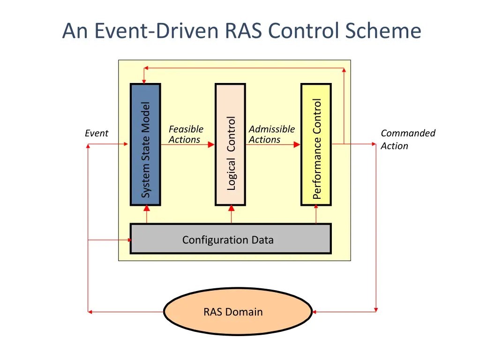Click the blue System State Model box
pyautogui.click(x=145, y=144)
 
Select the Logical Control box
pyautogui.click(x=230, y=144)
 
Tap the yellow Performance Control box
pyautogui.click(x=316, y=144)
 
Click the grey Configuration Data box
pyautogui.click(x=230, y=239)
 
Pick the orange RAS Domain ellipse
pyautogui.click(x=238, y=312)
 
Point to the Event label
pyautogui.click(x=97, y=134)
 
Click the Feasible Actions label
pyautogui.click(x=186, y=134)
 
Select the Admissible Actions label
pyautogui.click(x=271, y=134)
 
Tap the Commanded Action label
pyautogui.click(x=407, y=139)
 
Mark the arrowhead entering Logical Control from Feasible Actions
pyautogui.click(x=211, y=145)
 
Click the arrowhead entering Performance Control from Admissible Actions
pyautogui.click(x=297, y=145)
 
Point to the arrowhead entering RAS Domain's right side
pyautogui.click(x=315, y=311)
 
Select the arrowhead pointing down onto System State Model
pyautogui.click(x=144, y=81)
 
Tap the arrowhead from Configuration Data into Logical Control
pyautogui.click(x=231, y=209)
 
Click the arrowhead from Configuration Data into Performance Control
pyautogui.click(x=316, y=209)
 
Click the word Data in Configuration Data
pyautogui.click(x=262, y=240)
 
